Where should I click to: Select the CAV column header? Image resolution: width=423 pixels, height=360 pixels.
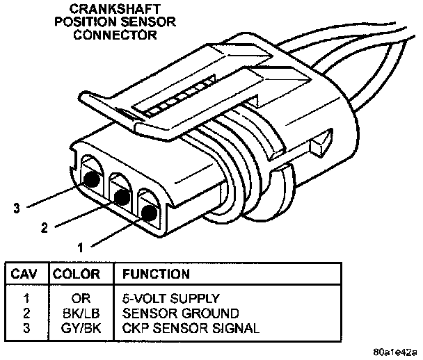coord(25,274)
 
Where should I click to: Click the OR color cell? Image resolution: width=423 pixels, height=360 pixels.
coord(78,299)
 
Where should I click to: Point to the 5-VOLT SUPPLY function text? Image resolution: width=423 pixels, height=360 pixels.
coord(167,299)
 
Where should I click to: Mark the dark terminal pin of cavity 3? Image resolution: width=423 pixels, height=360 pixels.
coord(90,179)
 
